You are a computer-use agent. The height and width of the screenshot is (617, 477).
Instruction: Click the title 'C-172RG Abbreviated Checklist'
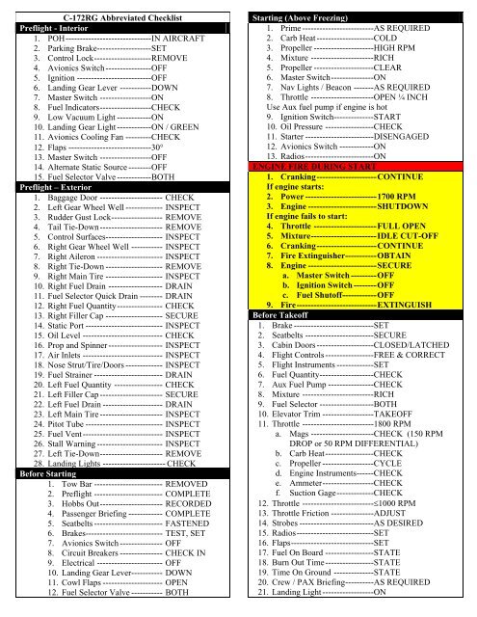coord(120,17)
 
